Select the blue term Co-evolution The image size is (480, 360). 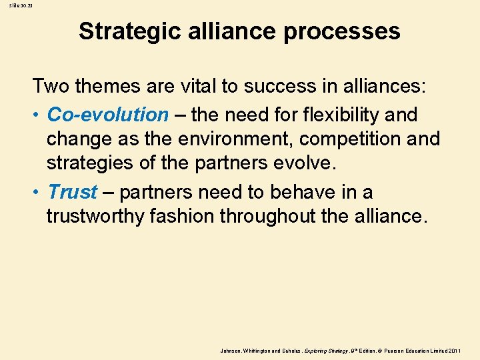[108, 115]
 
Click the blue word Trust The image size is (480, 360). [73, 192]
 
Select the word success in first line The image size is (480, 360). [277, 85]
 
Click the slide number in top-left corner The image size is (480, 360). [12, 5]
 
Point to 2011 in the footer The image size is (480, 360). [455, 350]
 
